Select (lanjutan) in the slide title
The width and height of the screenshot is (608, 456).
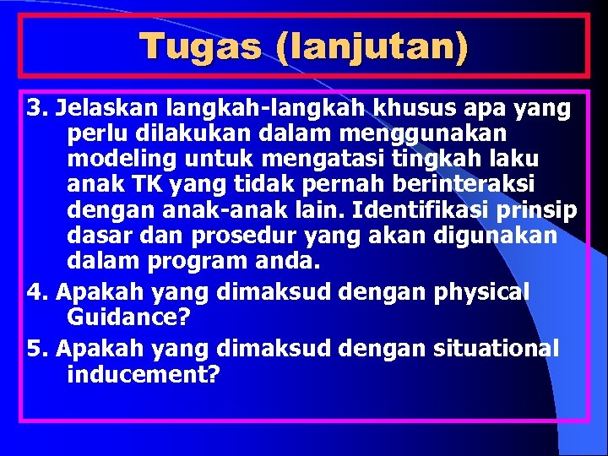point(371,46)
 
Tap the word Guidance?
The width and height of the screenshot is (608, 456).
point(128,318)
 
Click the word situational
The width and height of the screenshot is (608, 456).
point(496,348)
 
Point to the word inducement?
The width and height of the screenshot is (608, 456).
point(143,374)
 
